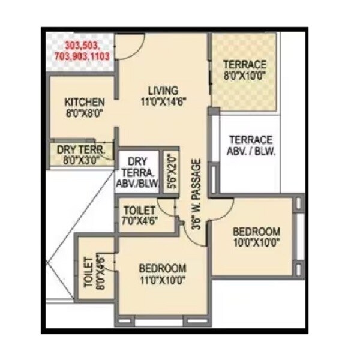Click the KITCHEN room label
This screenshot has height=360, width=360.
(x=85, y=102)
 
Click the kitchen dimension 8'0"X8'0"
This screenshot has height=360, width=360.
(x=85, y=113)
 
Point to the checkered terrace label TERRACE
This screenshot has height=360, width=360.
(x=244, y=64)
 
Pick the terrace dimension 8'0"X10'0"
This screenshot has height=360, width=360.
(x=244, y=76)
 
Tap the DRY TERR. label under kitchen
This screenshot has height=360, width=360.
(x=80, y=149)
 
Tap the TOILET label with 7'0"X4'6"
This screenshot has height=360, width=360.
(x=140, y=211)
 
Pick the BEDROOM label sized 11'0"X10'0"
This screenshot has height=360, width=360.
(x=162, y=268)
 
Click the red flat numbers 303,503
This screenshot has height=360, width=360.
(x=83, y=46)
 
